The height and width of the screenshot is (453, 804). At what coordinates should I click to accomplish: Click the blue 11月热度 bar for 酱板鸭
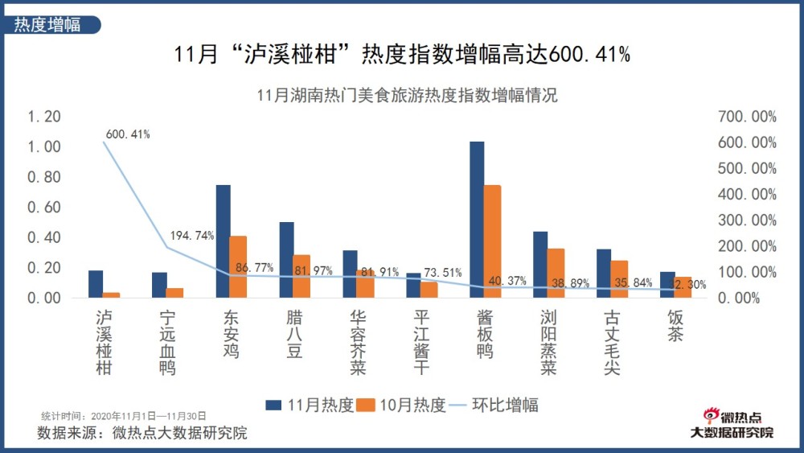(477, 220)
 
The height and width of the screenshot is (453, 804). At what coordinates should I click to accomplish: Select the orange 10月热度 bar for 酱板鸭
(492, 241)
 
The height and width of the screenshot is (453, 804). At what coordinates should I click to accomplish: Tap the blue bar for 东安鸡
(223, 241)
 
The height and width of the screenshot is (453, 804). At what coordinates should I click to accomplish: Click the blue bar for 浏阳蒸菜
(540, 265)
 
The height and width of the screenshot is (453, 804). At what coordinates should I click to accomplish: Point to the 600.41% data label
(127, 134)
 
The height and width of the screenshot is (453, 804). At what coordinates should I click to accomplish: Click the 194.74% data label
(192, 236)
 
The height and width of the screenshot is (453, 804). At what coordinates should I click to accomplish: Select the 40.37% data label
(508, 281)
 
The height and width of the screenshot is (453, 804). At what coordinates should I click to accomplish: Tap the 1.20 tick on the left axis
(44, 117)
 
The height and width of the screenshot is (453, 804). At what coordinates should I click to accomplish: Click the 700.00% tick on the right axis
(747, 117)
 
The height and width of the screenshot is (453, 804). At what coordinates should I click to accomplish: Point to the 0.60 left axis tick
(44, 208)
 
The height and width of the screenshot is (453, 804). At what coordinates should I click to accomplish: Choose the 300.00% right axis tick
(747, 220)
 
